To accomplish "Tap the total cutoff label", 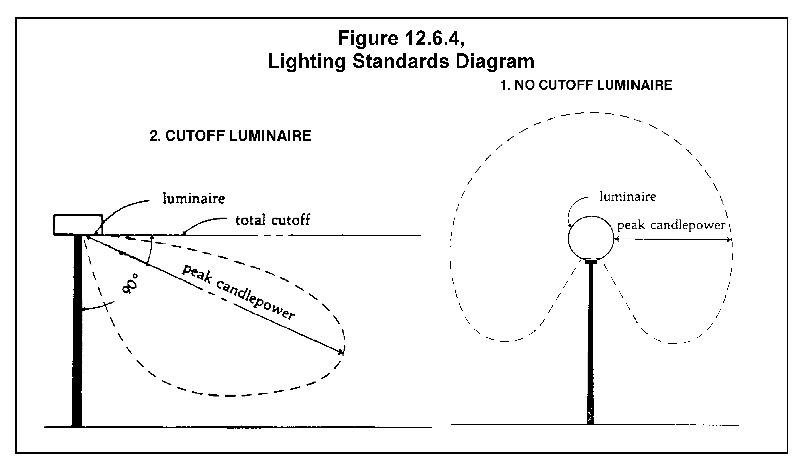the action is click(x=272, y=220).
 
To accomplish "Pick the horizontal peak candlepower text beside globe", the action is click(x=671, y=225).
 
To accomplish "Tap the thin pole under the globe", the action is click(x=591, y=342).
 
